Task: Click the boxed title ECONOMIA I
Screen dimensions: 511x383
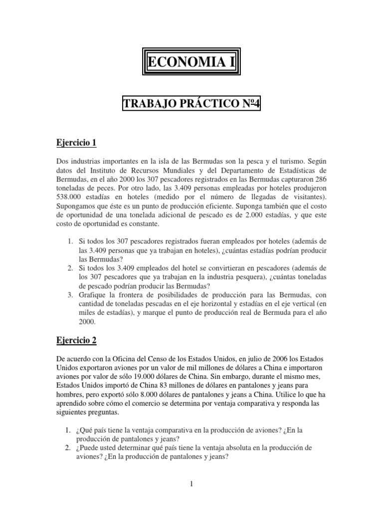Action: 191,63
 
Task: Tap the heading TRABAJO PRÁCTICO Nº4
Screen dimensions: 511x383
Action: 192,104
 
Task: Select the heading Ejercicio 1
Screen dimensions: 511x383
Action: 76,144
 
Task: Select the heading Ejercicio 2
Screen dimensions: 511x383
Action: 76,341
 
